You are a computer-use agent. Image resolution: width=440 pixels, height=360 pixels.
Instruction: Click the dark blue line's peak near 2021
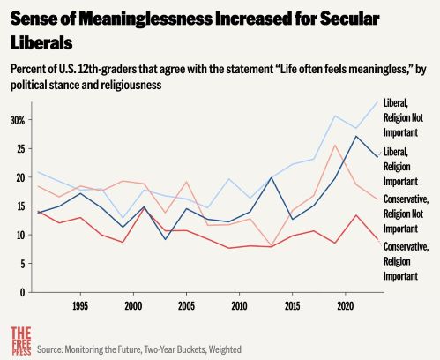tap(355, 136)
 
